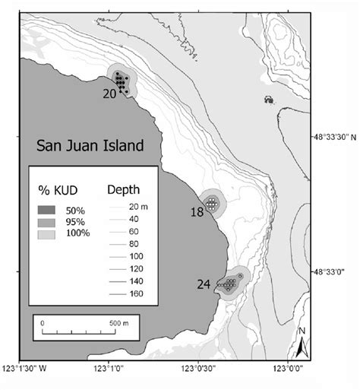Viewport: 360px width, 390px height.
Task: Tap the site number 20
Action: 109,94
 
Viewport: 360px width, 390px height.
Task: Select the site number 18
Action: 197,214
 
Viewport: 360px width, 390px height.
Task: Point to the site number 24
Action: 204,285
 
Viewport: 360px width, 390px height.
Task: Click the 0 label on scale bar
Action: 43,322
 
